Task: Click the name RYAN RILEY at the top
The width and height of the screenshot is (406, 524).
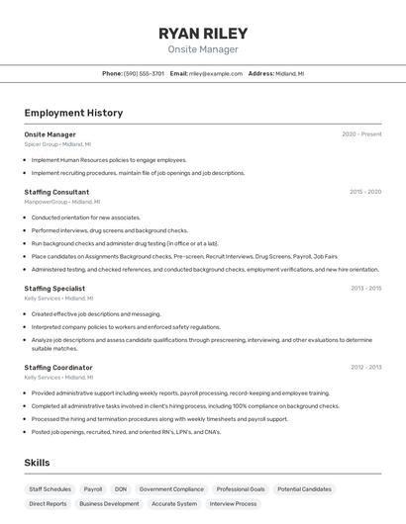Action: pos(203,34)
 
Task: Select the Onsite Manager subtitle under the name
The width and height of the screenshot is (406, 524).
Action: pos(203,49)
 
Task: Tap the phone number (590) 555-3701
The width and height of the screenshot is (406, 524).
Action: pos(144,74)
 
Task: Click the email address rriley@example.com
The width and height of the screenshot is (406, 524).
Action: pos(216,74)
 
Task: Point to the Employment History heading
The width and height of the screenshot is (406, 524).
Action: pos(73,113)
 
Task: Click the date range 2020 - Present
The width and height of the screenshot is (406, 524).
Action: pos(361,134)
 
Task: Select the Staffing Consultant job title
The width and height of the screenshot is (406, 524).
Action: pos(56,192)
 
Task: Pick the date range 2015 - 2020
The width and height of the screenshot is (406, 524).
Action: pos(365,192)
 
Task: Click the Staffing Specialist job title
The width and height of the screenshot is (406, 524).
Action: pos(54,289)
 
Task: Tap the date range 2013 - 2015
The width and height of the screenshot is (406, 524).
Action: pos(365,289)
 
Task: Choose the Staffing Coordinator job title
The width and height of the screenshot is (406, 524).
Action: pos(58,368)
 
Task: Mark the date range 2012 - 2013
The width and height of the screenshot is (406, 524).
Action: pos(365,368)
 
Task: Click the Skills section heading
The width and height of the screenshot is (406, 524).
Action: pos(37,463)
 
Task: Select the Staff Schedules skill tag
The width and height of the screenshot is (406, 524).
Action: pos(50,489)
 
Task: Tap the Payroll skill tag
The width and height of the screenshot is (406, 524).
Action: pos(93,489)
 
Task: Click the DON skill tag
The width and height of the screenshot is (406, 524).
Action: pos(121,489)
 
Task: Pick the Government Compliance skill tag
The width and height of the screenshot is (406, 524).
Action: pos(171,489)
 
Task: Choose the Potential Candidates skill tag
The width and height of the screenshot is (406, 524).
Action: pos(304,489)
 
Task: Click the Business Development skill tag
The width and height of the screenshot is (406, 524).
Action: pos(109,504)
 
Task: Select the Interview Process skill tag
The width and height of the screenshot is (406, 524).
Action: pos(233,504)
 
